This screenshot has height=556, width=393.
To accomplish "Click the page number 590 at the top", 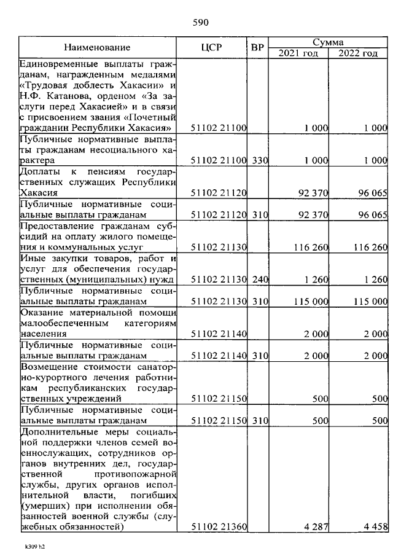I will [x=201, y=23].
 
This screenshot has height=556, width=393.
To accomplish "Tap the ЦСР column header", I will [x=211, y=47].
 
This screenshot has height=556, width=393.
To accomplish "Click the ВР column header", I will [x=257, y=47].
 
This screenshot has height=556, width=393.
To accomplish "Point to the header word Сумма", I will [x=327, y=42].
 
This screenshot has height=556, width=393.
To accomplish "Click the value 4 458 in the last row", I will [x=373, y=527].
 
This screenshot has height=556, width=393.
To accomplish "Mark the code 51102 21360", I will [x=219, y=527].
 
